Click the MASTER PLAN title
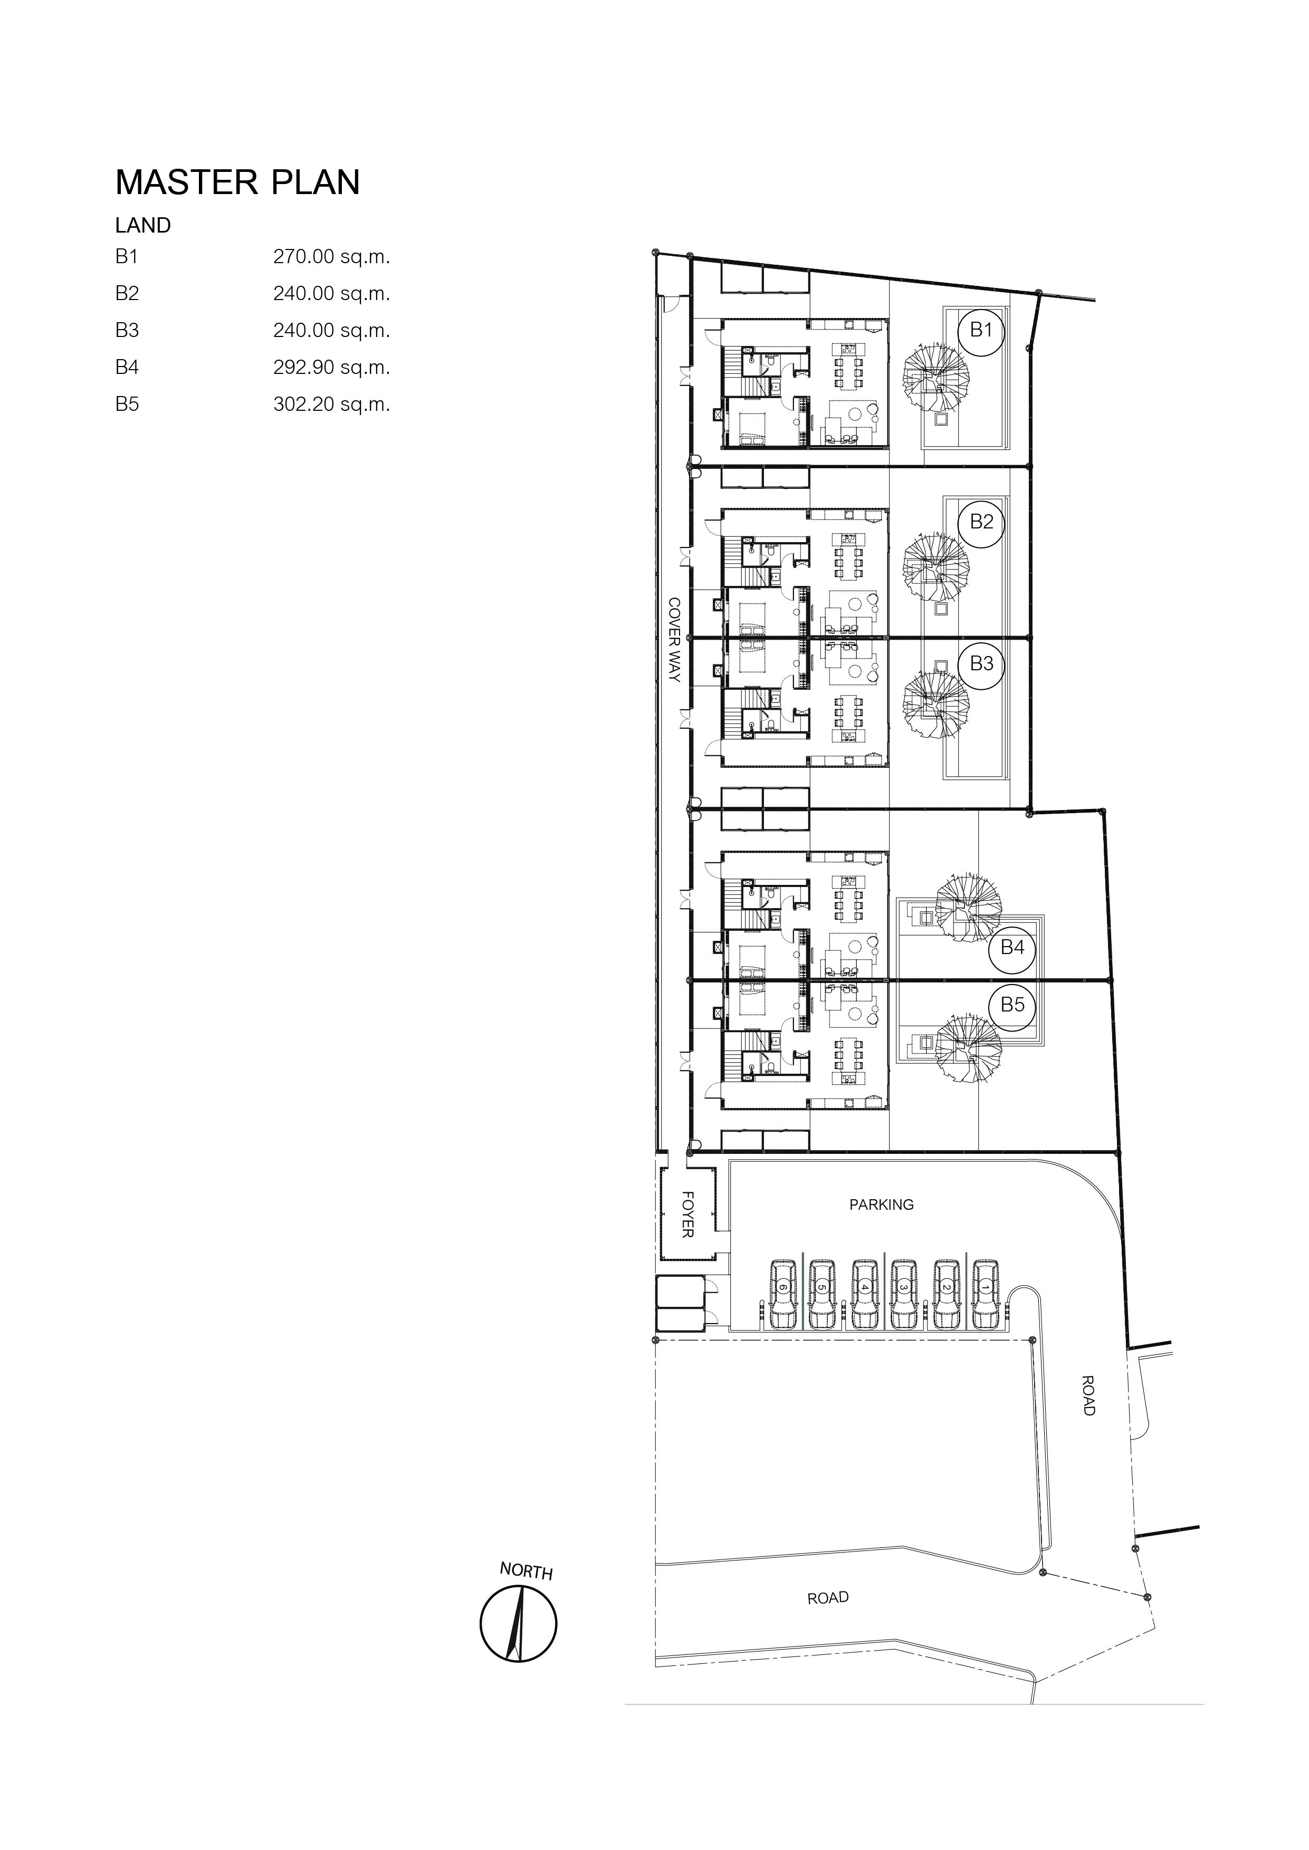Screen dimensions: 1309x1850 tap(238, 183)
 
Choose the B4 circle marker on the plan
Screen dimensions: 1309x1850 tap(1012, 948)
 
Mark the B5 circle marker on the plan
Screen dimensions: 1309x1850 tap(1012, 1005)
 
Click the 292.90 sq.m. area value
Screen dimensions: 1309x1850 tap(331, 368)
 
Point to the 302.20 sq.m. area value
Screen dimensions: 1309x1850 tap(331, 404)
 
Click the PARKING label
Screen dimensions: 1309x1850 tap(881, 1205)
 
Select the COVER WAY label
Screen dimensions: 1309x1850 tap(675, 640)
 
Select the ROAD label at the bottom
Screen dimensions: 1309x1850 tap(828, 1598)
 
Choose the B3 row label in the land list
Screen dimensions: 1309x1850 tap(127, 330)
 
